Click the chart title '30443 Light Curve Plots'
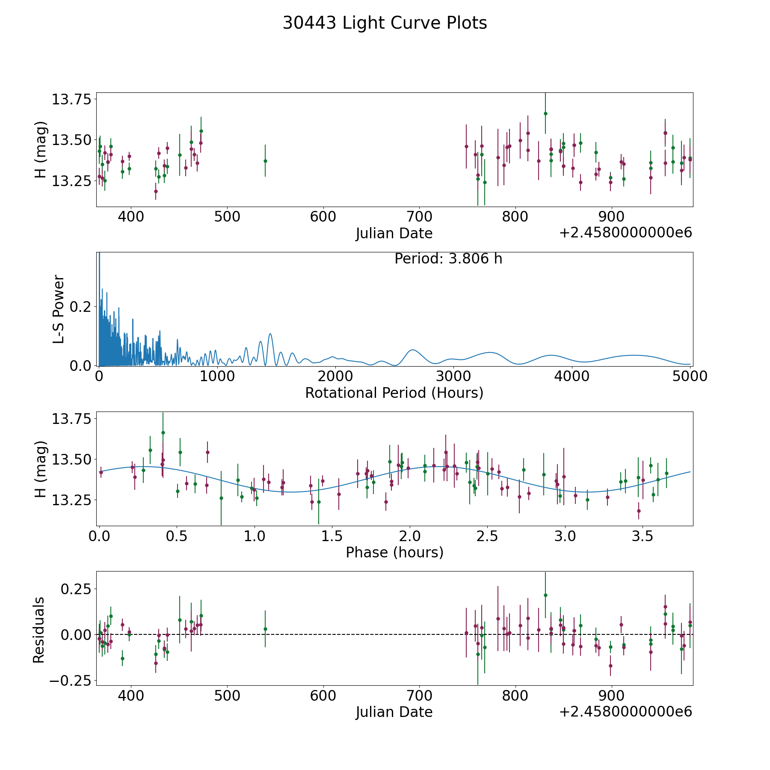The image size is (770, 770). (x=385, y=23)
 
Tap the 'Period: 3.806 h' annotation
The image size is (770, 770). (x=448, y=259)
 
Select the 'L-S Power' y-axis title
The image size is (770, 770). (x=59, y=309)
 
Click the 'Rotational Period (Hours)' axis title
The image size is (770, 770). (x=394, y=393)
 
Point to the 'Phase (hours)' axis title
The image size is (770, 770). (x=394, y=552)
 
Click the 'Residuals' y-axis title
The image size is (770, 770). (x=39, y=630)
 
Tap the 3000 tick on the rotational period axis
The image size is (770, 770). (x=453, y=376)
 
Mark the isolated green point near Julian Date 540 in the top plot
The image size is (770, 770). (x=265, y=161)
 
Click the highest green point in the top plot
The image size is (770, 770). (x=545, y=113)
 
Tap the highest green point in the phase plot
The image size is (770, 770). (x=163, y=432)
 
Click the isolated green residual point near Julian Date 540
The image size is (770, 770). (x=265, y=629)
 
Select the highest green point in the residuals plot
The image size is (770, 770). (x=545, y=595)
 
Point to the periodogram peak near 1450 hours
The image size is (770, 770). (x=270, y=334)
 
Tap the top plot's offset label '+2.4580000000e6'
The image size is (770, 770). (x=625, y=233)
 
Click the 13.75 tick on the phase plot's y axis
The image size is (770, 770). (x=71, y=418)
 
